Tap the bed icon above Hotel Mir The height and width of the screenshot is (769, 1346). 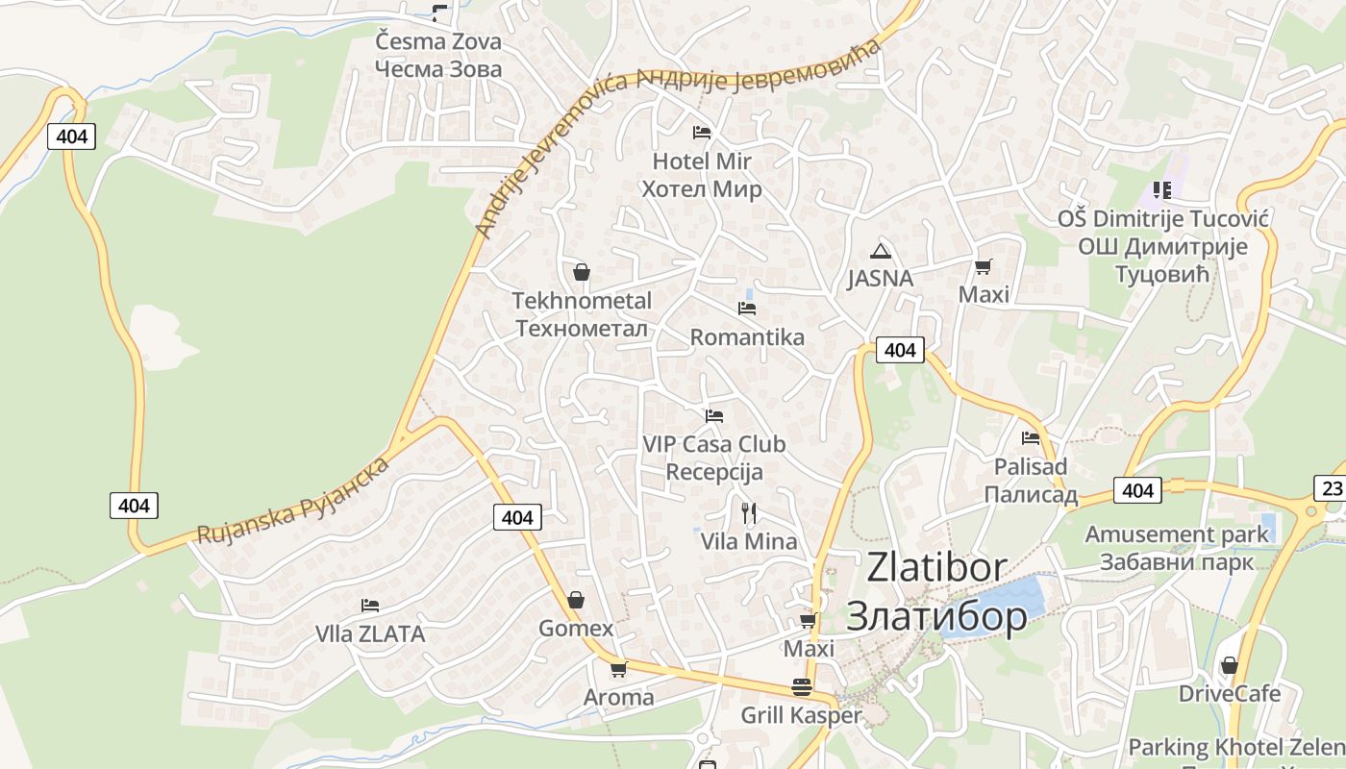point(702,132)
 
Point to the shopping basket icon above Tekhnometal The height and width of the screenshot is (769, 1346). point(581,272)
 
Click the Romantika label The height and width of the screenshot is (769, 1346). point(747,337)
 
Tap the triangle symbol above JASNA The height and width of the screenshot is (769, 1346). point(880,252)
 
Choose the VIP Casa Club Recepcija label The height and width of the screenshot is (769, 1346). point(714,458)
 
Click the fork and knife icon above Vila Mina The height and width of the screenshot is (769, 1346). point(749,512)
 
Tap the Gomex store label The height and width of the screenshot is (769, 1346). point(575,629)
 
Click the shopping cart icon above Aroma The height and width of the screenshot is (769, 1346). point(618,669)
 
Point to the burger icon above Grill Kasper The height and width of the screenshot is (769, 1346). point(801,686)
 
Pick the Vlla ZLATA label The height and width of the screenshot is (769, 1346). point(370,634)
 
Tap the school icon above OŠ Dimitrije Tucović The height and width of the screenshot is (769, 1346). point(1162,190)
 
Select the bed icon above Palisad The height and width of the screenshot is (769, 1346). point(1031,438)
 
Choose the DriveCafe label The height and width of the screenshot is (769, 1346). point(1230,694)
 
